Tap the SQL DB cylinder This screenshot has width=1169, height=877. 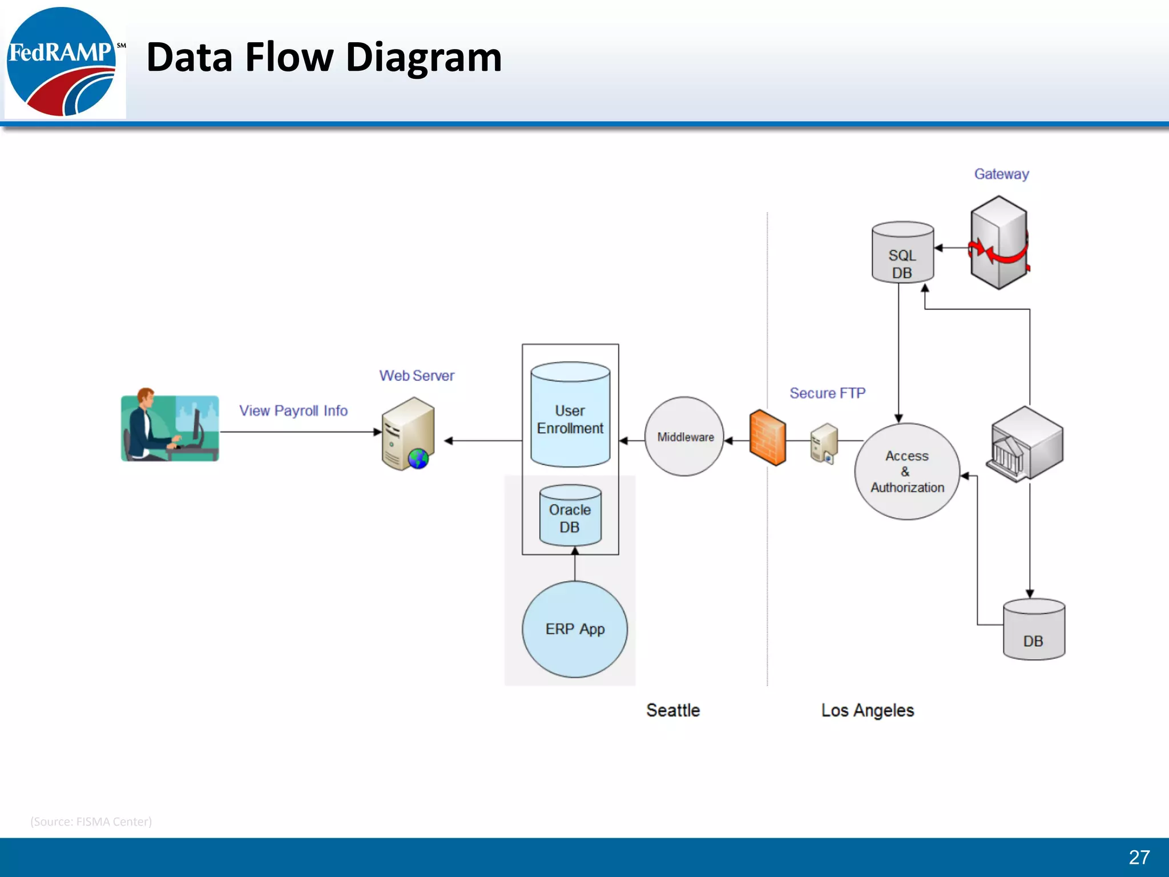tap(902, 252)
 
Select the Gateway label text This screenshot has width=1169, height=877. tap(1001, 174)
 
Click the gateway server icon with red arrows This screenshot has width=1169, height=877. tap(999, 243)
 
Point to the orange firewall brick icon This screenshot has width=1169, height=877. tap(767, 437)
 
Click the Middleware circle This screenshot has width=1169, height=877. tap(684, 437)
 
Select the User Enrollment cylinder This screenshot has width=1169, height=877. tap(570, 415)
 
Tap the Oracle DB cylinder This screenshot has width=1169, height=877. tap(570, 516)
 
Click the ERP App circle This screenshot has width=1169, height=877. tap(575, 629)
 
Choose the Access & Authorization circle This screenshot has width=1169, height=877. tap(906, 472)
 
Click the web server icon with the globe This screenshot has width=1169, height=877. tap(408, 435)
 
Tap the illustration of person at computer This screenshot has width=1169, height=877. tap(170, 426)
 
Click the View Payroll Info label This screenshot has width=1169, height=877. tap(293, 411)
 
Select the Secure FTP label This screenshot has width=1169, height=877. tap(827, 393)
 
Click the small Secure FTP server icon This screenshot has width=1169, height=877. tap(824, 443)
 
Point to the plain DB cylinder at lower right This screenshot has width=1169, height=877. tap(1034, 630)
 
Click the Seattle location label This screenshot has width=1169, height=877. tap(673, 710)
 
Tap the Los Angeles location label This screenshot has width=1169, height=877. tap(867, 710)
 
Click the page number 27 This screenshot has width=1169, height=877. tap(1139, 857)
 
